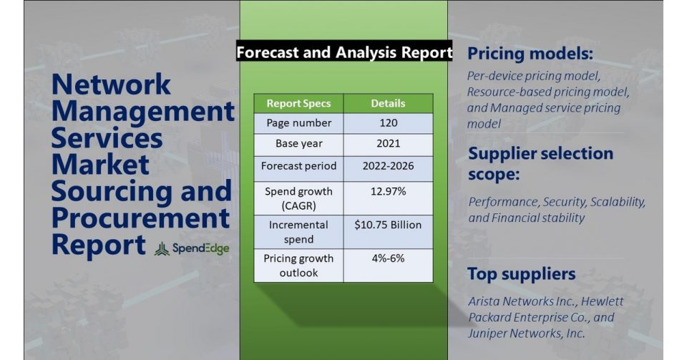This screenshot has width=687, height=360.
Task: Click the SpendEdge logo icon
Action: (x=162, y=249)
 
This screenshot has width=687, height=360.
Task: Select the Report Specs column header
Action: (x=299, y=103)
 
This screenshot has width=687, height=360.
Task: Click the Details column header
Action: (x=388, y=103)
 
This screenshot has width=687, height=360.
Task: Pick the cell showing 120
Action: (x=388, y=123)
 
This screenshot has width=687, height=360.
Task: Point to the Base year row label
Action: (x=299, y=144)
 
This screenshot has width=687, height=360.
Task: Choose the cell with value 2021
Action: (x=388, y=144)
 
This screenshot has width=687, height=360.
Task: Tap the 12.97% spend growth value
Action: (x=388, y=191)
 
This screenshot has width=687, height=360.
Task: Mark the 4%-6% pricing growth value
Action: (x=388, y=258)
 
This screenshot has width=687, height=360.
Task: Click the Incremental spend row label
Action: (x=299, y=232)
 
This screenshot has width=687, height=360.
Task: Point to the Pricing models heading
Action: (x=530, y=54)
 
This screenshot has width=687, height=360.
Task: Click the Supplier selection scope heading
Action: (x=541, y=163)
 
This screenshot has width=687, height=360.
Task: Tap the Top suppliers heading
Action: (x=522, y=273)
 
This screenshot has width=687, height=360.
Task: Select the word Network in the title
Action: (x=112, y=84)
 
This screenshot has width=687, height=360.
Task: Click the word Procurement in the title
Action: (x=141, y=218)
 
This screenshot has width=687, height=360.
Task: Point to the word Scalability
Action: (x=618, y=202)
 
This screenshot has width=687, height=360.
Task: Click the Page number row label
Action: (x=299, y=123)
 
